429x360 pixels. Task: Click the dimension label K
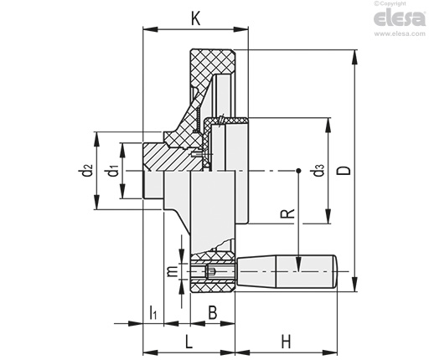(196, 19)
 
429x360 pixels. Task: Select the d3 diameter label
(318, 170)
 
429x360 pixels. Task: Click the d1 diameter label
(113, 170)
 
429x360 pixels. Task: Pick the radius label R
(287, 213)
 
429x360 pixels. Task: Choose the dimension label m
(173, 271)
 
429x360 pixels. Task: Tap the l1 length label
(153, 312)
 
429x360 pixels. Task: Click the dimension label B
(213, 312)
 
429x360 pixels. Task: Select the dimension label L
(189, 342)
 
